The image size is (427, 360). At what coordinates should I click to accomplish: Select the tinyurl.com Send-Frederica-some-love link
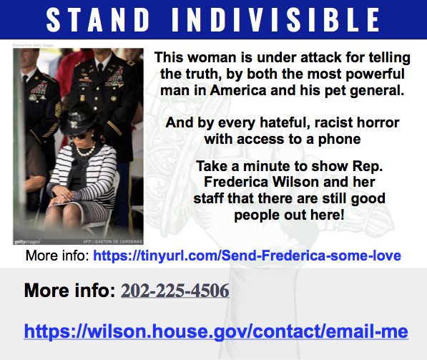[247, 256]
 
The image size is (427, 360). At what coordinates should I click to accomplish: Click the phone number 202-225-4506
[175, 291]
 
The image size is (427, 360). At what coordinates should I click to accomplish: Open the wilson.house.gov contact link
[216, 331]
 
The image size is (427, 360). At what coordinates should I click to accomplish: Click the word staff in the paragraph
[213, 198]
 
